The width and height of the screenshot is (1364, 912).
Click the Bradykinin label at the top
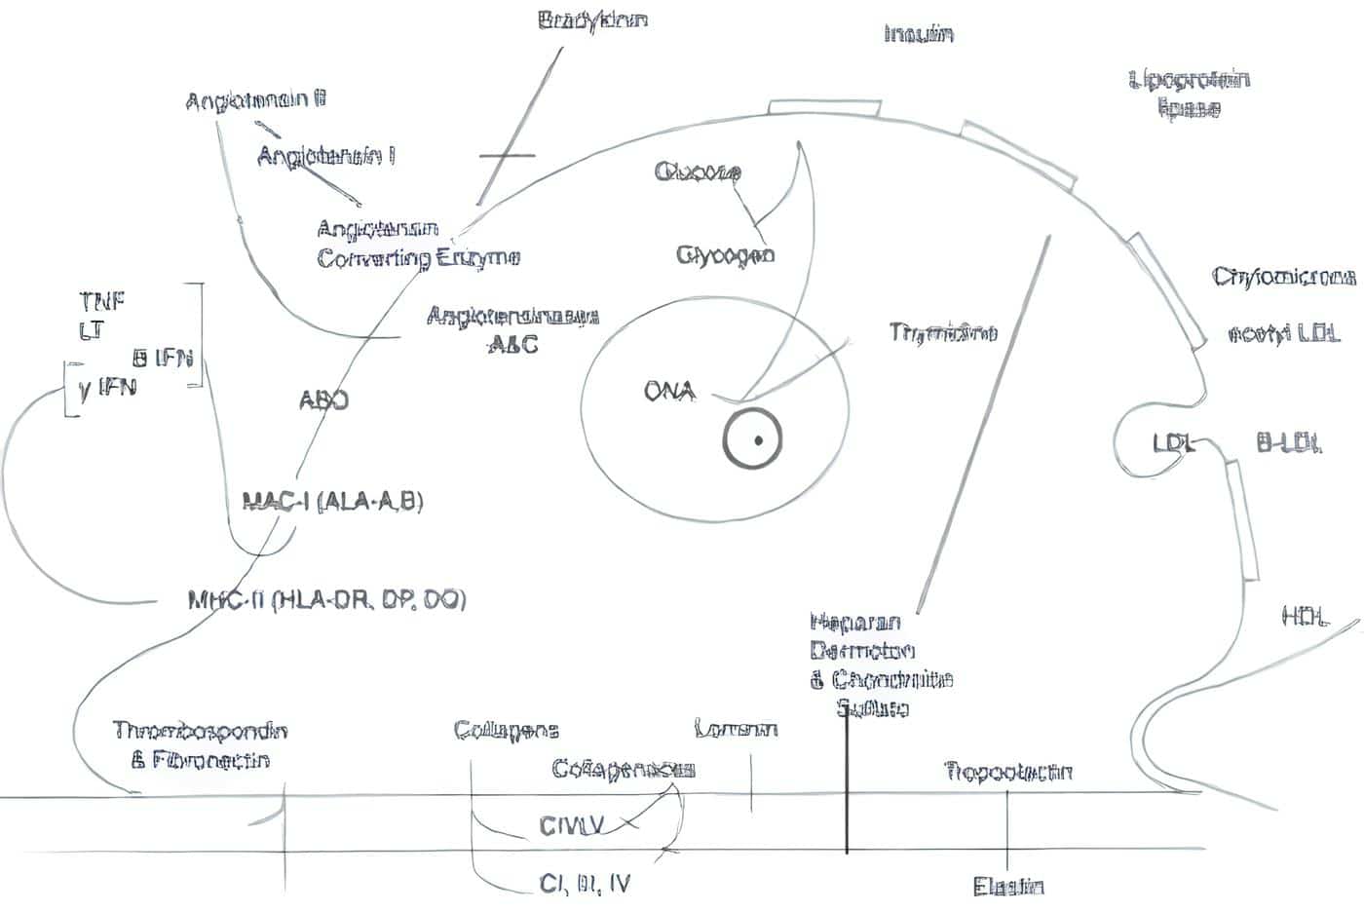[x=592, y=19]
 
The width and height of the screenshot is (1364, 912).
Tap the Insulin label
[x=918, y=34]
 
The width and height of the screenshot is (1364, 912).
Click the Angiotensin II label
[x=255, y=100]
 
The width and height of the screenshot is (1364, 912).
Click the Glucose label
[x=698, y=173]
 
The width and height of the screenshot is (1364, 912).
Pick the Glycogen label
[x=726, y=255]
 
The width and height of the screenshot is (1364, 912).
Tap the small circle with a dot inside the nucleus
[x=752, y=439]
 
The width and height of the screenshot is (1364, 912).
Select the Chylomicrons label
[x=1284, y=278]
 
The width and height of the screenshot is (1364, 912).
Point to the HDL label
[x=1304, y=616]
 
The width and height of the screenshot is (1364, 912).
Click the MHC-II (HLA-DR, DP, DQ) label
[x=326, y=599]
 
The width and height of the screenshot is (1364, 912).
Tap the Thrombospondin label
[x=200, y=731]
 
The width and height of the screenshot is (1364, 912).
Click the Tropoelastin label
[x=1008, y=773]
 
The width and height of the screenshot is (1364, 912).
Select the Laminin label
[x=736, y=729]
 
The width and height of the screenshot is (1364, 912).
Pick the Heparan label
[x=854, y=622]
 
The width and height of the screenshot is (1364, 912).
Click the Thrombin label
[x=942, y=333]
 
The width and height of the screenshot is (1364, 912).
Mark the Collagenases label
[x=623, y=769]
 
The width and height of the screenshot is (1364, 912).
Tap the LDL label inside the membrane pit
[x=1173, y=444]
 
